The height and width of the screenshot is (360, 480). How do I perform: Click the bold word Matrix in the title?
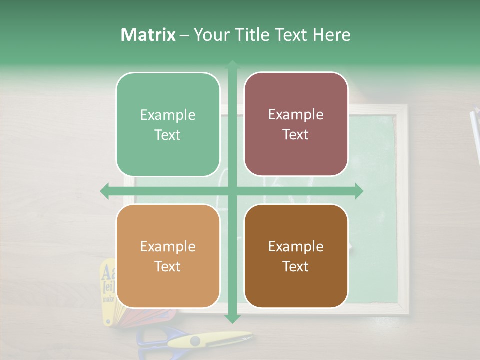pyautogui.click(x=148, y=35)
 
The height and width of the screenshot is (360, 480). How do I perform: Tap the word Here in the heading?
pyautogui.click(x=331, y=35)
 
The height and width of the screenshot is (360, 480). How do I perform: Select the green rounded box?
pyautogui.click(x=168, y=124)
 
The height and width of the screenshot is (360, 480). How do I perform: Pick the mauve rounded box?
pyautogui.click(x=296, y=124)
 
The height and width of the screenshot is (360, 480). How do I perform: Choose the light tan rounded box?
pyautogui.click(x=168, y=256)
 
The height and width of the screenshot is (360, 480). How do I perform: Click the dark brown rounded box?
pyautogui.click(x=296, y=256)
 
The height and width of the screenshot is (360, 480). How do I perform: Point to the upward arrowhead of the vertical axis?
pyautogui.click(x=232, y=64)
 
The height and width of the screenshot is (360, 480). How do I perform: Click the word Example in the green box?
pyautogui.click(x=168, y=115)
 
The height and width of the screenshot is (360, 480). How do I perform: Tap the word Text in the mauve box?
pyautogui.click(x=296, y=134)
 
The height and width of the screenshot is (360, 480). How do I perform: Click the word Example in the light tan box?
pyautogui.click(x=168, y=246)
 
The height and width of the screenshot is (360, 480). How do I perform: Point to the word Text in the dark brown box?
pyautogui.click(x=296, y=266)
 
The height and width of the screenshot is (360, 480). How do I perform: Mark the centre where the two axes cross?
pyautogui.click(x=232, y=191)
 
